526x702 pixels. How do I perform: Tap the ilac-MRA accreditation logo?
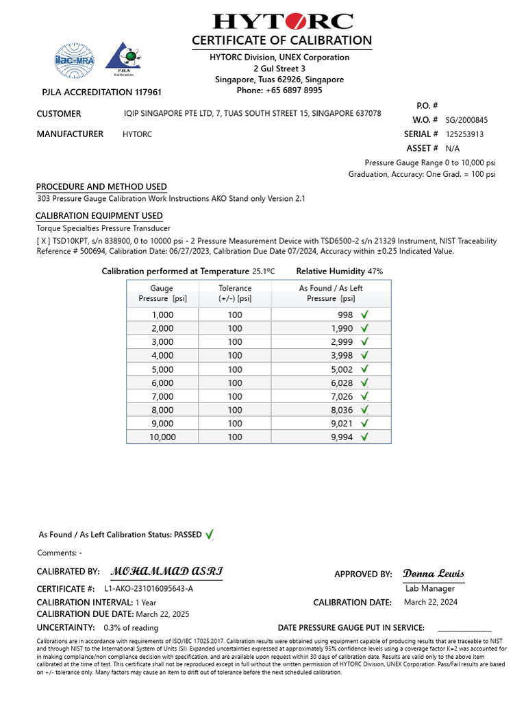(75, 58)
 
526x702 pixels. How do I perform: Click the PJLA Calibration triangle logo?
(124, 58)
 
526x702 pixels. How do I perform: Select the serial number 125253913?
(464, 134)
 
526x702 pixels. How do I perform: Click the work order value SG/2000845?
(466, 120)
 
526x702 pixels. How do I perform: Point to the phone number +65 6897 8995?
(279, 90)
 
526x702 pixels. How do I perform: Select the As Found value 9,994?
(340, 437)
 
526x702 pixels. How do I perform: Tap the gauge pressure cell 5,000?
(162, 369)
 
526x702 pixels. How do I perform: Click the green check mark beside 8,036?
(365, 410)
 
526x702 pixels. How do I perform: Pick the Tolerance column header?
(235, 293)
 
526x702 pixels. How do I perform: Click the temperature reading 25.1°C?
(264, 271)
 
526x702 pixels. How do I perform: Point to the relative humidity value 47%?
(375, 271)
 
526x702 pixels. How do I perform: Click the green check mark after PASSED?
(210, 534)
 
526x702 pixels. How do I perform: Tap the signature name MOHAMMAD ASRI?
(166, 572)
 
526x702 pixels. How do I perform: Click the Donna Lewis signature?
(433, 573)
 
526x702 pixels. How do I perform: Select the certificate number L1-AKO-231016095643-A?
(149, 589)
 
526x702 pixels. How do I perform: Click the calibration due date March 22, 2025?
(162, 614)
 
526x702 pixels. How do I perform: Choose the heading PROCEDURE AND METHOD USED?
(101, 186)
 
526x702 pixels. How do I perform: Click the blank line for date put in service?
(464, 627)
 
